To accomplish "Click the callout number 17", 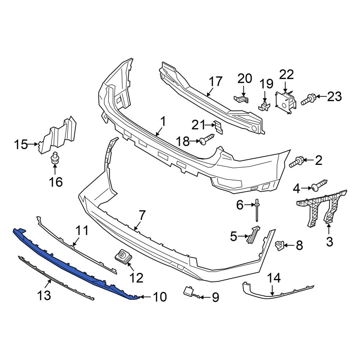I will click(216, 82).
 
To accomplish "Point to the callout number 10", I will click(160, 297).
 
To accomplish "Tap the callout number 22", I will click(287, 75).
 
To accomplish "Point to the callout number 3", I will click(329, 242).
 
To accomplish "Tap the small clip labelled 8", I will click(279, 246).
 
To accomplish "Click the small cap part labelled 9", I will click(189, 291).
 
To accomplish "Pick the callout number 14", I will click(273, 278).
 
